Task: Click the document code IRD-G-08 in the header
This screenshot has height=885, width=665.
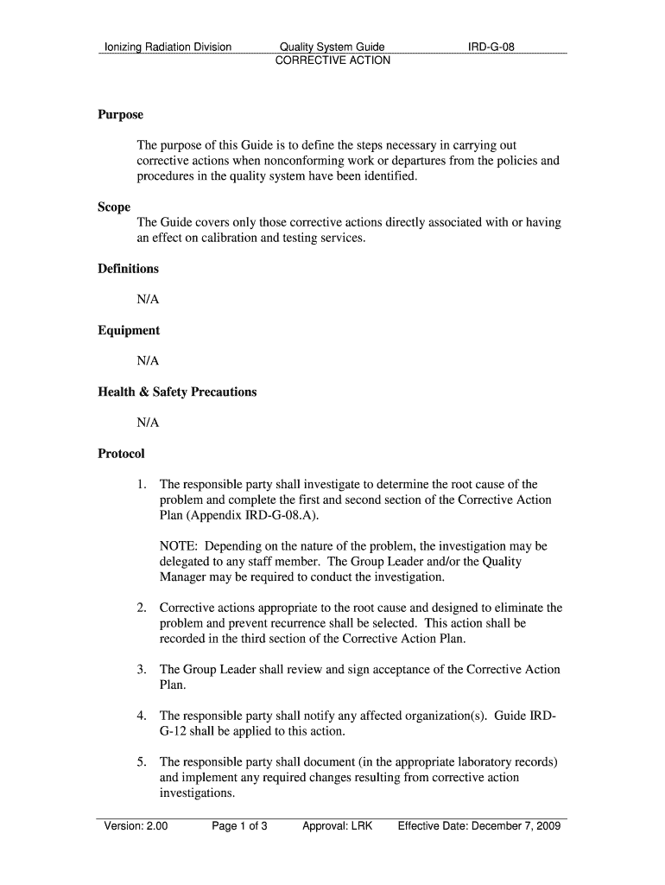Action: click(x=491, y=47)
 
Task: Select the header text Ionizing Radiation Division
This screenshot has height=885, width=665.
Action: click(x=168, y=47)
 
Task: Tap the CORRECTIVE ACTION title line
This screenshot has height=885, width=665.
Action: click(x=332, y=60)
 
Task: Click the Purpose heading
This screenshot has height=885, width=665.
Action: click(x=120, y=115)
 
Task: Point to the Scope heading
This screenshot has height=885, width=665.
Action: click(x=114, y=207)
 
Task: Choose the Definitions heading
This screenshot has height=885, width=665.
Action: click(x=129, y=269)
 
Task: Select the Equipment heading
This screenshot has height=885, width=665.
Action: click(x=129, y=330)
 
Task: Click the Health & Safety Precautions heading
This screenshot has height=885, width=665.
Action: click(x=177, y=392)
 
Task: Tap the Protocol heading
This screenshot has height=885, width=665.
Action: click(x=121, y=454)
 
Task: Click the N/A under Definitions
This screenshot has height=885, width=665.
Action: click(x=148, y=300)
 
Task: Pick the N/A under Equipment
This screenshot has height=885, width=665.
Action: click(x=148, y=361)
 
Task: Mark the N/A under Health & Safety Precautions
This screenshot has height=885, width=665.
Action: click(x=148, y=423)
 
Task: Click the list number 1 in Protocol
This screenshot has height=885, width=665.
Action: click(x=141, y=485)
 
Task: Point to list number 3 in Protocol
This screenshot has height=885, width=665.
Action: click(x=141, y=670)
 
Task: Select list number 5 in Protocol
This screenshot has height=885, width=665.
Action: click(x=141, y=762)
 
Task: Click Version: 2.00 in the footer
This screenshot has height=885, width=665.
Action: click(x=136, y=826)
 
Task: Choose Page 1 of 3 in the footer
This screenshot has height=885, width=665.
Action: click(x=239, y=826)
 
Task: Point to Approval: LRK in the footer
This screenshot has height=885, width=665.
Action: click(x=337, y=826)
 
